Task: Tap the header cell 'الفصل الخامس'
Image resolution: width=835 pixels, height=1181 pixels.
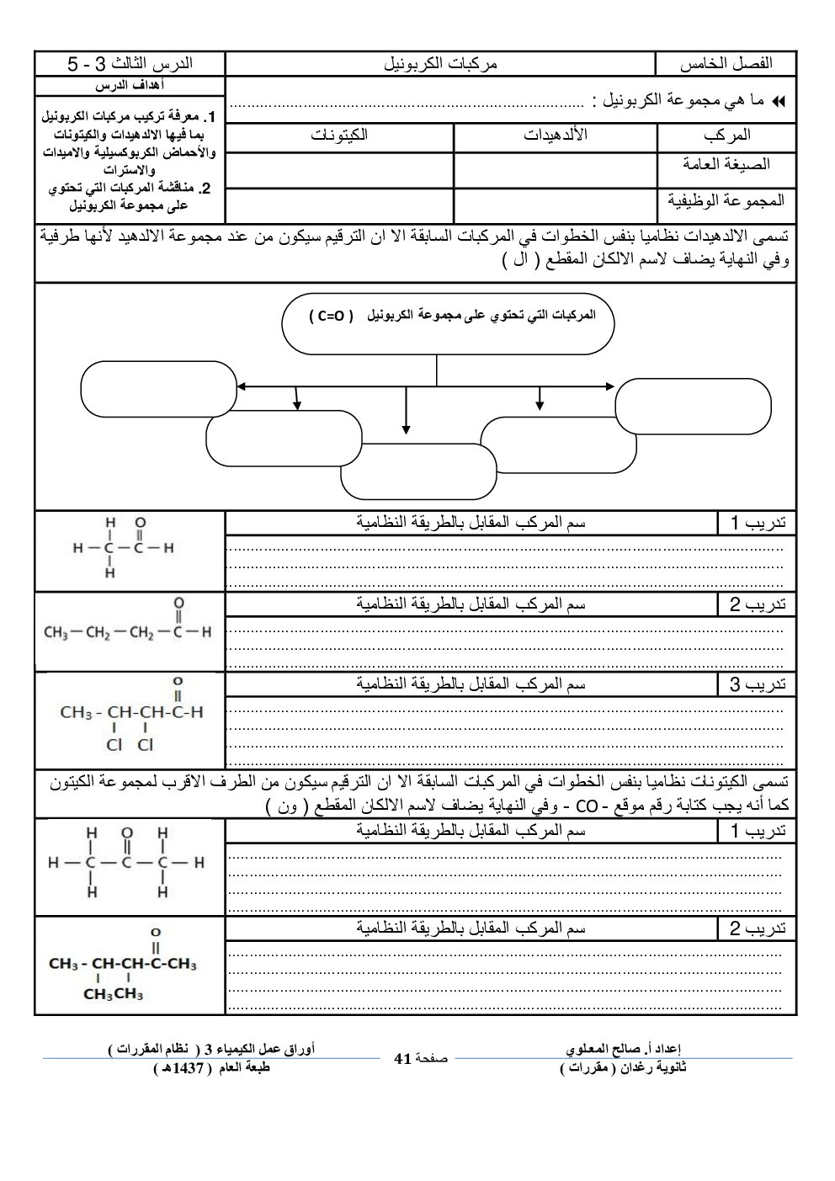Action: coord(726,63)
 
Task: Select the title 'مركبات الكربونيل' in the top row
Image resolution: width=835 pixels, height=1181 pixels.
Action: coord(440,63)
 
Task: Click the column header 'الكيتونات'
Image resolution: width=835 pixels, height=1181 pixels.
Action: coord(339,136)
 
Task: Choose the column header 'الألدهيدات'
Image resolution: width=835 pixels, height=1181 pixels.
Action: coord(555,136)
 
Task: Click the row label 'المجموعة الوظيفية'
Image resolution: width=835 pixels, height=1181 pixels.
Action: coord(726,200)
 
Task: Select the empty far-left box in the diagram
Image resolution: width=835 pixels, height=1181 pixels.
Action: coord(158,388)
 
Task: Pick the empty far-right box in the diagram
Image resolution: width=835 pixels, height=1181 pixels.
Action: coord(693,406)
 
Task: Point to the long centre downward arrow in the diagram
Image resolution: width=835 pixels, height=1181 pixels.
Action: coord(407,412)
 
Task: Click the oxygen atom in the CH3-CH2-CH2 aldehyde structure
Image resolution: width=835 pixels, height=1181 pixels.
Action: coord(178,603)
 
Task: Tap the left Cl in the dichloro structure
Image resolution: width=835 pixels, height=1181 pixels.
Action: coord(114,745)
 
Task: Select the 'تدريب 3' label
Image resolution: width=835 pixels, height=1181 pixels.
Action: coord(757,685)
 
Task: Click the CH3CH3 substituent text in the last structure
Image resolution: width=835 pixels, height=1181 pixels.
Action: coord(113,995)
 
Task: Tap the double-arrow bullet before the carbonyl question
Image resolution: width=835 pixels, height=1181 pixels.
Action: coord(778,101)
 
